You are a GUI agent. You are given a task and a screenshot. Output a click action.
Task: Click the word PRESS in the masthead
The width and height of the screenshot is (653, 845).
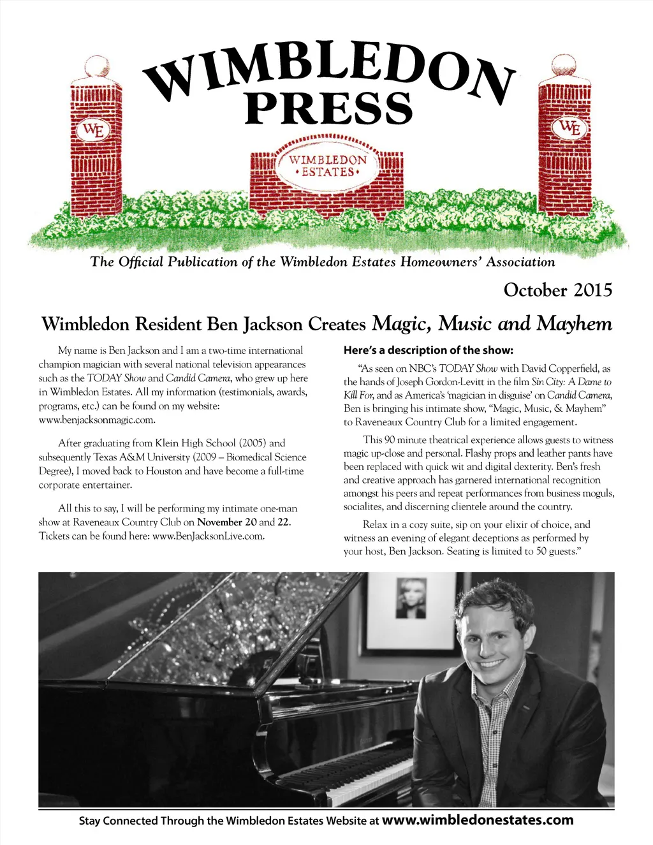point(329,108)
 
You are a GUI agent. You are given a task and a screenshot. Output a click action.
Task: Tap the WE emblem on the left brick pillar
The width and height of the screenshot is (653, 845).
point(94,130)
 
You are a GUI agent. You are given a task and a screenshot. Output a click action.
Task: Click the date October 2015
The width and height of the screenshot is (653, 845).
point(557,290)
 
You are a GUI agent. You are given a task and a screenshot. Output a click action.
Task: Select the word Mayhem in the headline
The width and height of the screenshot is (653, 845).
point(574,324)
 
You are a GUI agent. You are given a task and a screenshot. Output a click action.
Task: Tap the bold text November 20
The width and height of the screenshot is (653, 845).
point(226,522)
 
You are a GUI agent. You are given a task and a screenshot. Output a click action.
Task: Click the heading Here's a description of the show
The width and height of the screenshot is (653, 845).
point(428,350)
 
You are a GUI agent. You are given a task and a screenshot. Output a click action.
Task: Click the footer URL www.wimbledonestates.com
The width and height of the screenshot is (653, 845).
point(478,820)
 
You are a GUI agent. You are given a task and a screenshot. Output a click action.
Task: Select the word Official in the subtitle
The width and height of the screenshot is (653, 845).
point(141,261)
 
